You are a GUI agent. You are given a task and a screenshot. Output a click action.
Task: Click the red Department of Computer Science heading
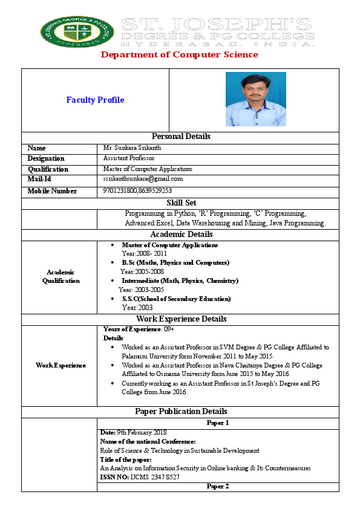click(x=179, y=55)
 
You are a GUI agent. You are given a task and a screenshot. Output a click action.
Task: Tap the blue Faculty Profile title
click(x=95, y=100)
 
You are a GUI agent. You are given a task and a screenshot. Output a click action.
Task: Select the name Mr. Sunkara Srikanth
click(x=133, y=148)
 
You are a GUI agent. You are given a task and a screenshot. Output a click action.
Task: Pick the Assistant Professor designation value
click(x=129, y=158)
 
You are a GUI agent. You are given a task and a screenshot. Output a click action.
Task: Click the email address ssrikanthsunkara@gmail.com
click(x=143, y=179)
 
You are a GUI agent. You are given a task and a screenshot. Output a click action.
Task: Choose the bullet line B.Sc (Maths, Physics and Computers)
click(x=175, y=263)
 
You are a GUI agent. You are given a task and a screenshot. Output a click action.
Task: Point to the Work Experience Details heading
click(x=181, y=319)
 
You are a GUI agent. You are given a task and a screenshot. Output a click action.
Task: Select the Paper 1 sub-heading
click(x=218, y=423)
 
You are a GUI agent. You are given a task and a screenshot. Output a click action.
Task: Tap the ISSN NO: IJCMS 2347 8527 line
click(x=140, y=478)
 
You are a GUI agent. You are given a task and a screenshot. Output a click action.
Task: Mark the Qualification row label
click(x=48, y=169)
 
